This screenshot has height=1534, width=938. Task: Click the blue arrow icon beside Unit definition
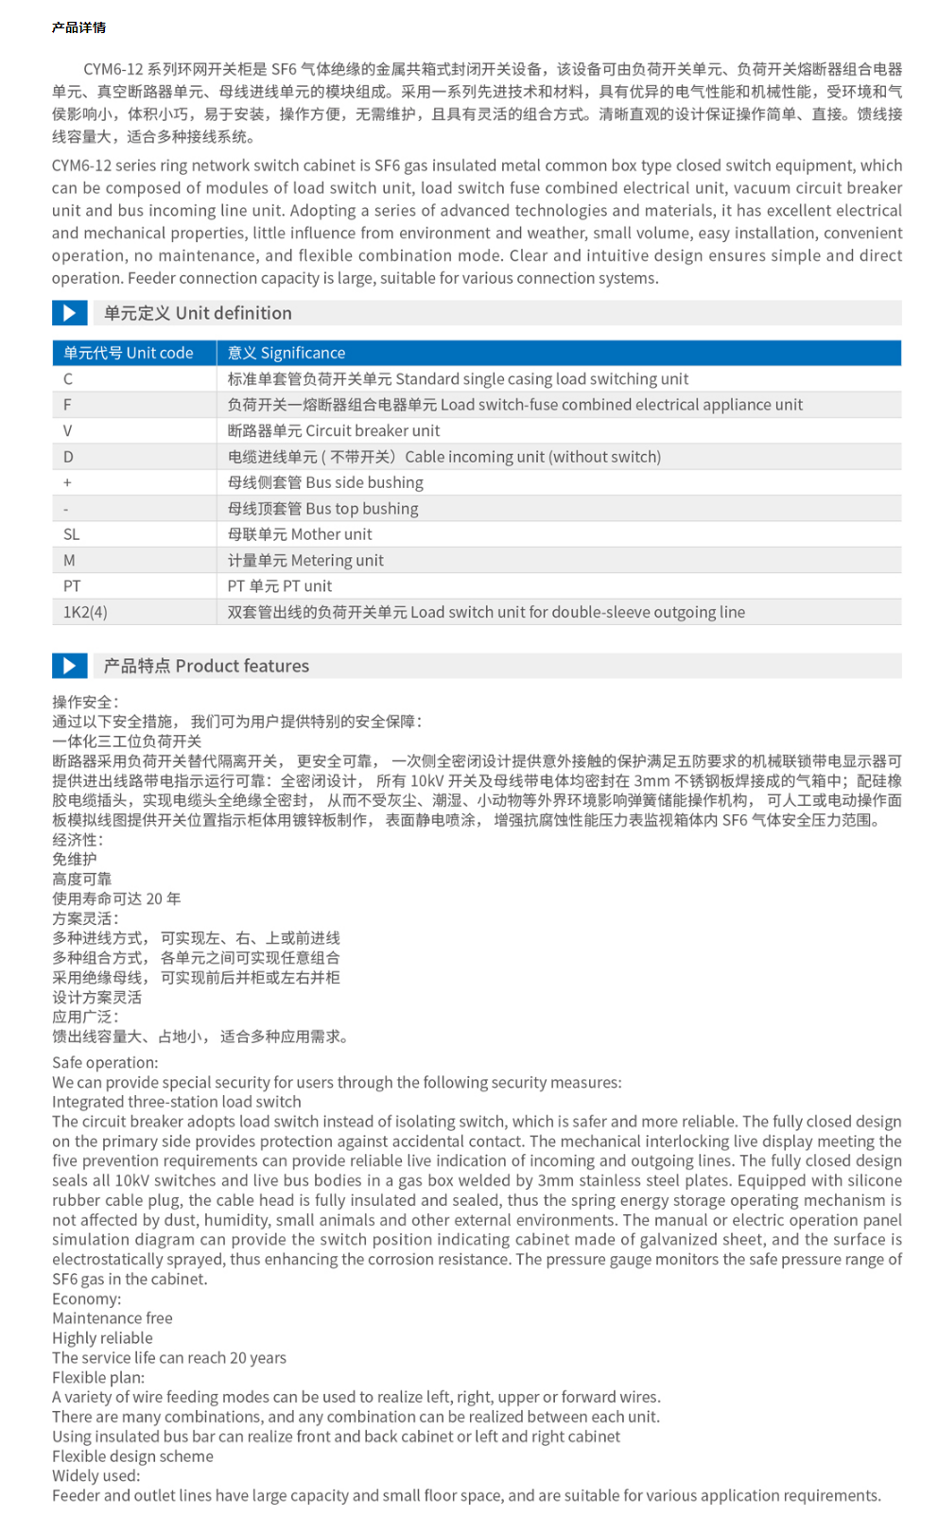point(69,313)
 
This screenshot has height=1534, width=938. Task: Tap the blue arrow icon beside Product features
point(69,666)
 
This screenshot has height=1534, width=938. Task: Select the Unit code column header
point(129,353)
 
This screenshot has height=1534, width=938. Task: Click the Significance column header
point(287,353)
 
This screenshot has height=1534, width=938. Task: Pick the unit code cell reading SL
point(72,534)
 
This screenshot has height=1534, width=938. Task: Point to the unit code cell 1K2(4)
point(85,612)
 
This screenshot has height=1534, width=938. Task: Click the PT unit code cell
point(72,586)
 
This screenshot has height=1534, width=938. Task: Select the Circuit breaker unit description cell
point(334,431)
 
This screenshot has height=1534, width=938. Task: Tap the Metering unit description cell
point(305,561)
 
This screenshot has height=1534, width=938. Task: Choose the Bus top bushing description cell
point(322,509)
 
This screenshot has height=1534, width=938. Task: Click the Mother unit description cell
point(300,534)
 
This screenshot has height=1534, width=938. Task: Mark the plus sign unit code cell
point(67,483)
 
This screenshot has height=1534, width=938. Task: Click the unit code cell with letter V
point(67,431)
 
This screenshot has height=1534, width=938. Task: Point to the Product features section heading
point(206,666)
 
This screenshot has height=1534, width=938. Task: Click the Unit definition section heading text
point(198,313)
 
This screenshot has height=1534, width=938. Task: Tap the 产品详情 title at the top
point(78,27)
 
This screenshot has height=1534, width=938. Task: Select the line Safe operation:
point(105,1063)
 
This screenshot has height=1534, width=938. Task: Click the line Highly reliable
point(102,1338)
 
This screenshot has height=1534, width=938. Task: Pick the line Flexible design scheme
point(132,1456)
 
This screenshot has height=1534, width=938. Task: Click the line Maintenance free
point(113,1318)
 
